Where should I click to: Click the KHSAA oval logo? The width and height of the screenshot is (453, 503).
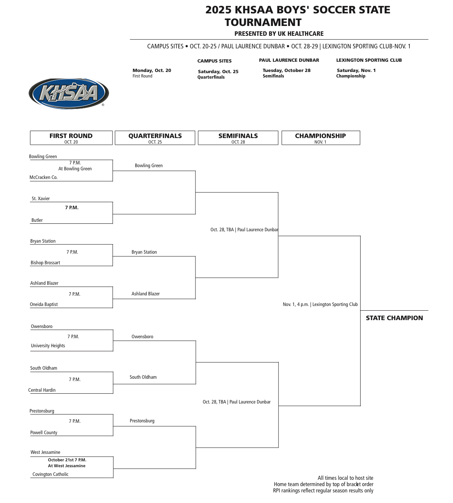68,93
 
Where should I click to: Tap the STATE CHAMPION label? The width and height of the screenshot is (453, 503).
394,318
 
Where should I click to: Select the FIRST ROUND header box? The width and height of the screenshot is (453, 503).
71,138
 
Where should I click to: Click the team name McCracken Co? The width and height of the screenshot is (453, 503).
44,177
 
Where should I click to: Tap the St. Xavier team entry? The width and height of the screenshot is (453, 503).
41,199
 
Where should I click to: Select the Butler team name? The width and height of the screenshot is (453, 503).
37,220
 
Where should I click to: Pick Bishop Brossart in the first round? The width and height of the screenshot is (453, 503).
45,263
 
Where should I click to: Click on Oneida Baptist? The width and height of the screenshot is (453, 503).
44,304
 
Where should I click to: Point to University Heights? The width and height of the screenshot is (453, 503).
48,346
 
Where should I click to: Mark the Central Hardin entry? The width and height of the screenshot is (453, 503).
42,390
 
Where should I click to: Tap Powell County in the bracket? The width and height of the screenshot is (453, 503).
44,433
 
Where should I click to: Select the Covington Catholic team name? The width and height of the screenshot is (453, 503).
50,474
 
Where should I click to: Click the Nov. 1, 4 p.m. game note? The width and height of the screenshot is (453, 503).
320,304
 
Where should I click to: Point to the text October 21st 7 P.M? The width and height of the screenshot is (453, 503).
67,460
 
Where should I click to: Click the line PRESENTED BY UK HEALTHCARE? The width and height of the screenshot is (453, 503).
279,34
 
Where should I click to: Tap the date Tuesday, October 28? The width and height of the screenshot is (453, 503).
286,70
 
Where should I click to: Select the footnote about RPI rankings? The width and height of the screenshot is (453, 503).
323,490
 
